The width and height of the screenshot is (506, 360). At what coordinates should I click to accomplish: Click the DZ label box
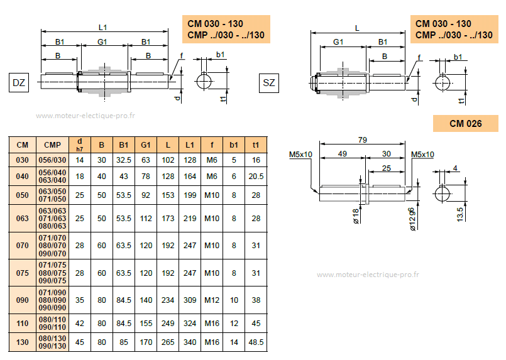tap(19, 82)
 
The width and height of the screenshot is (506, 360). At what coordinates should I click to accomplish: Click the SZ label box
tap(268, 82)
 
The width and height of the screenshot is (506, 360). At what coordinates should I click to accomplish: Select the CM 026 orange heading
tap(465, 124)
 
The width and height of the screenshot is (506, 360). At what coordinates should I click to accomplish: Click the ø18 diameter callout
tap(356, 216)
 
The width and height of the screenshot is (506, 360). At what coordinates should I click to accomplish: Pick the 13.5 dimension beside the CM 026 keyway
tap(460, 213)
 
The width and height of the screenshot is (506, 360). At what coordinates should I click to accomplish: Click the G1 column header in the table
tap(146, 145)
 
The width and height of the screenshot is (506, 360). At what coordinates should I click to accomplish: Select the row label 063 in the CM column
tap(22, 218)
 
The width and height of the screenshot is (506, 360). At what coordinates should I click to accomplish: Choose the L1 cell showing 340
tap(190, 342)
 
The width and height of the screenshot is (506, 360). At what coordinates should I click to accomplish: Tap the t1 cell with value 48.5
tap(256, 342)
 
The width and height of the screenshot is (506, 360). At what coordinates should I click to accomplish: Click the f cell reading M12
tap(212, 300)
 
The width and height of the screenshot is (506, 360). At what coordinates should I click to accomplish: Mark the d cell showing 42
tap(80, 324)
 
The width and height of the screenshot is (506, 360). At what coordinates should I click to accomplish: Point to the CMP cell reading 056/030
tap(53, 160)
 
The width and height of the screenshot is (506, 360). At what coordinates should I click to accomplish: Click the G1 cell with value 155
tap(146, 324)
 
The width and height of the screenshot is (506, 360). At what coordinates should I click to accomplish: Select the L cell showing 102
tap(168, 160)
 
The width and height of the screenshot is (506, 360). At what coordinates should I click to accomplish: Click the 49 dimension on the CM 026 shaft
tap(343, 153)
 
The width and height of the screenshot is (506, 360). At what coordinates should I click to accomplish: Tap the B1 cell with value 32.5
tap(124, 160)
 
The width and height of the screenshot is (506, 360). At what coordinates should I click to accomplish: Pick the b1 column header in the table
tap(234, 145)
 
